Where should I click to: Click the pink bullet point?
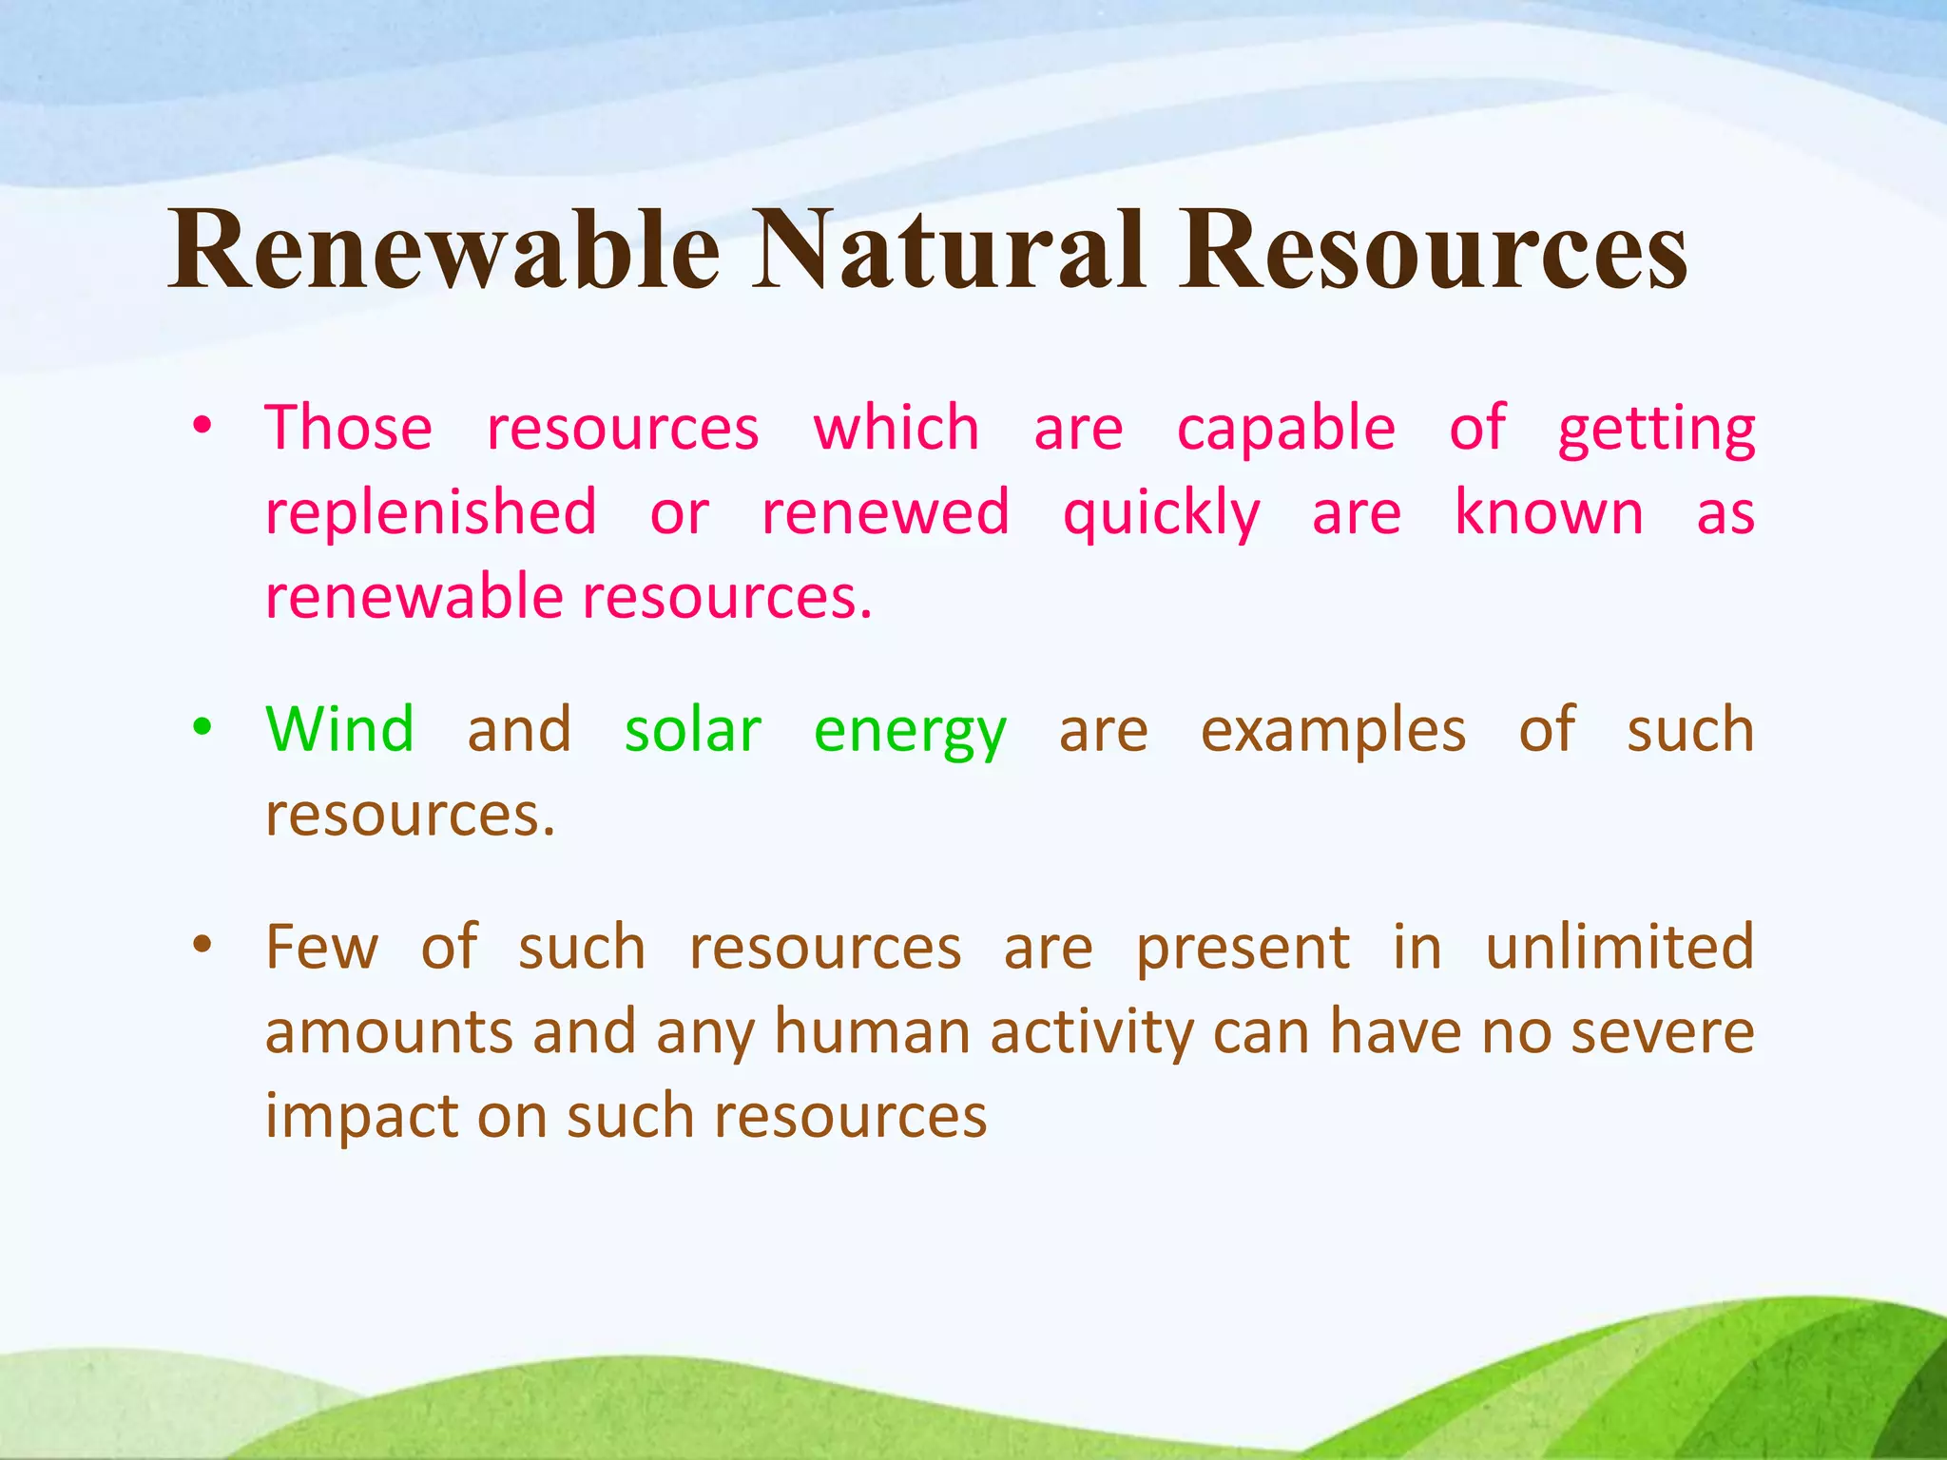click(202, 427)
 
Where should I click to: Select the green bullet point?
click(202, 729)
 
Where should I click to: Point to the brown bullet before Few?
click(202, 946)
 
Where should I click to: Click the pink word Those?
click(349, 428)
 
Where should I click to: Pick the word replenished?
click(431, 513)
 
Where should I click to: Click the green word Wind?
click(340, 730)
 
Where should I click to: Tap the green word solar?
click(692, 730)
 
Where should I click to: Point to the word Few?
click(322, 947)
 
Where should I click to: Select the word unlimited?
click(1619, 947)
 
